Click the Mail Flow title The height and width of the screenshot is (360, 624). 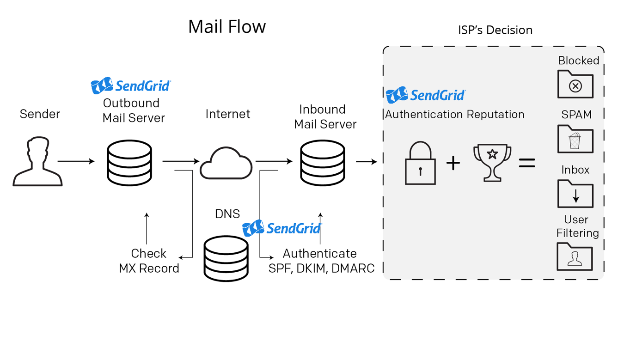tap(226, 27)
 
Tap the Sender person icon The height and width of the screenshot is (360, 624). tap(37, 162)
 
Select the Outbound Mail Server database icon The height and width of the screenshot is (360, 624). tap(129, 163)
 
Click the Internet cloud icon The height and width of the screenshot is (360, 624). tap(226, 163)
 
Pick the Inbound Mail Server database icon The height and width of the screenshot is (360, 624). tap(323, 163)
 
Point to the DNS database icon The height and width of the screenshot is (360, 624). tap(226, 258)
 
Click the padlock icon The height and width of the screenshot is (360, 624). tap(420, 164)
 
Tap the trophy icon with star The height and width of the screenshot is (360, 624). tap(492, 162)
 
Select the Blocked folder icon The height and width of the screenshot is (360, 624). tap(575, 84)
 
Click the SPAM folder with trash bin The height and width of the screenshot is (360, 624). tap(575, 139)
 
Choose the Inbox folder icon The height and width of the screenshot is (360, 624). tap(575, 194)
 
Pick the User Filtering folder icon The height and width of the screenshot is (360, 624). tap(575, 256)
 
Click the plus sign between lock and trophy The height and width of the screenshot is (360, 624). tap(453, 163)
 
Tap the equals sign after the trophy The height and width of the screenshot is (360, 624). tap(527, 163)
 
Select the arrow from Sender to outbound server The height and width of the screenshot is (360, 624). tap(76, 161)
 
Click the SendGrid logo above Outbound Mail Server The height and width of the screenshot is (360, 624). tap(131, 86)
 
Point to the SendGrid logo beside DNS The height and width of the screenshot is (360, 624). tap(282, 228)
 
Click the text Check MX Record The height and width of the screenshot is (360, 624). tap(149, 261)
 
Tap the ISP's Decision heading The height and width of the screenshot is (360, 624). tap(495, 30)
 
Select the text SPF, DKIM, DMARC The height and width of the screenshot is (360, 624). tap(321, 268)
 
